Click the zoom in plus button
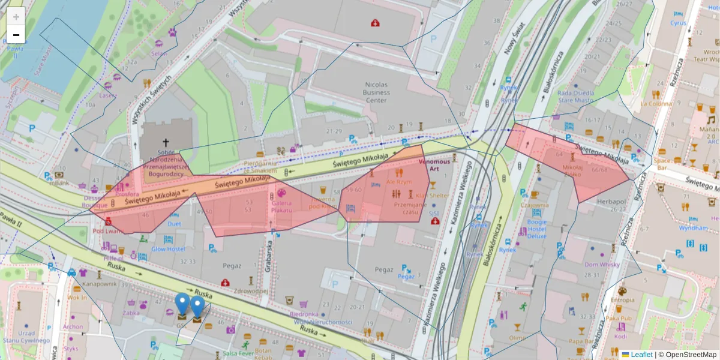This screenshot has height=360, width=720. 16,17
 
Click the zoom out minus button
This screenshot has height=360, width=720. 16,35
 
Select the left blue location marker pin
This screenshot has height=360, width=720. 182,305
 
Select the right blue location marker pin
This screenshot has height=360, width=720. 197,308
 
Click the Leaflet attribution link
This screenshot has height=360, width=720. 641,355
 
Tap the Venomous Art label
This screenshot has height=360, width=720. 434,166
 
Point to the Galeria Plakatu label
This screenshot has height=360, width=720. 281,206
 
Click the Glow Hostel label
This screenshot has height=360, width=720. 168,249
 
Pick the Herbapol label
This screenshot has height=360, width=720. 611,202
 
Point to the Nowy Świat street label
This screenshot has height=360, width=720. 514,39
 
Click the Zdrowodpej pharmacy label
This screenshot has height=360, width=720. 251,291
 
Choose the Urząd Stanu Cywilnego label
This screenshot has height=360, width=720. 26,337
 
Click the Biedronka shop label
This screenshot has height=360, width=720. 304,314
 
